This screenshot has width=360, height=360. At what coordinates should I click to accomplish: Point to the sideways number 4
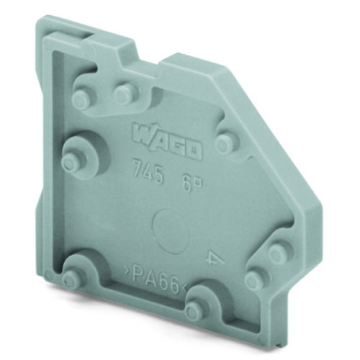[212, 257]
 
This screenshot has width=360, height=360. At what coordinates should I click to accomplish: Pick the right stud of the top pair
[127, 91]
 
